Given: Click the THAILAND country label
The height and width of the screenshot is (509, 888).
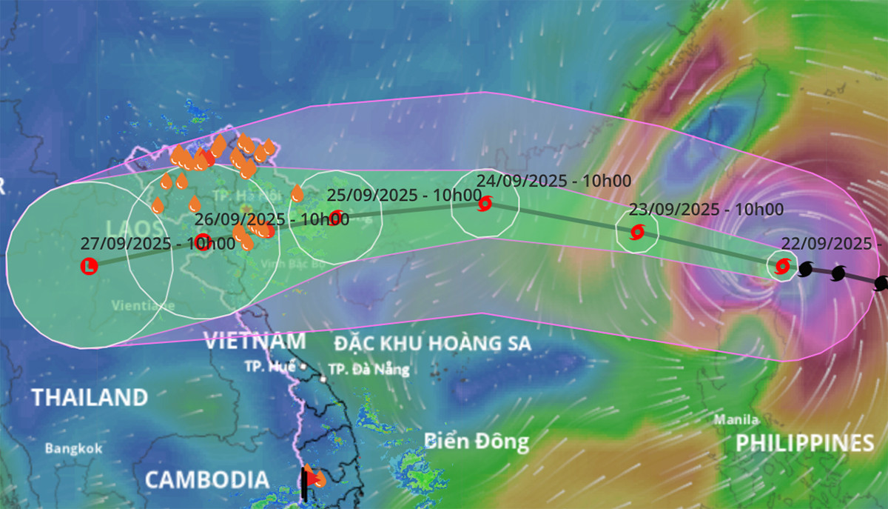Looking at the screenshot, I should (x=90, y=397).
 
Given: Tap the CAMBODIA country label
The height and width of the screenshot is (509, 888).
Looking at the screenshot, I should (x=206, y=479).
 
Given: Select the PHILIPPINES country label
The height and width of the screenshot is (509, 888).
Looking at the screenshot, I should (x=804, y=443).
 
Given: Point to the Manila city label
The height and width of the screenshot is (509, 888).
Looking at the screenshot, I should (x=736, y=420).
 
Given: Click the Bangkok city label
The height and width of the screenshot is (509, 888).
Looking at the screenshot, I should (x=73, y=448).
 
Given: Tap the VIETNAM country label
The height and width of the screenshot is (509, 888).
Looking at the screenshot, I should (x=255, y=342).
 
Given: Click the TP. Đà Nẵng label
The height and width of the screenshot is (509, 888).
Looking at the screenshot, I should (x=368, y=369).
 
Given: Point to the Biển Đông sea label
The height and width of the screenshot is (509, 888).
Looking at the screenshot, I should (x=477, y=442).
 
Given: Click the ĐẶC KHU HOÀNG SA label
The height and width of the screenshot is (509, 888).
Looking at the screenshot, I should (x=432, y=343).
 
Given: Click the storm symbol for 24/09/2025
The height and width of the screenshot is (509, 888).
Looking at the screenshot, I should (x=485, y=204).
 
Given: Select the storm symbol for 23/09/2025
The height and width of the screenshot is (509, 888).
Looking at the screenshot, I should (x=637, y=233).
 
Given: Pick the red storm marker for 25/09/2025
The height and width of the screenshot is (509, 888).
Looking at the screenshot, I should (x=337, y=217).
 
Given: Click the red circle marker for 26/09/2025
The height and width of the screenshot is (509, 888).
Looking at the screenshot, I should (x=203, y=242).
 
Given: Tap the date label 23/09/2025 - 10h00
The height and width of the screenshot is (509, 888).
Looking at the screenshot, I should (x=705, y=210).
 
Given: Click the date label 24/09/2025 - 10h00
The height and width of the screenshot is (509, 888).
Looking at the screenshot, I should (x=554, y=180).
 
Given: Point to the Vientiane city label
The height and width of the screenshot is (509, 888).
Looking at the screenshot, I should (x=144, y=305).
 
